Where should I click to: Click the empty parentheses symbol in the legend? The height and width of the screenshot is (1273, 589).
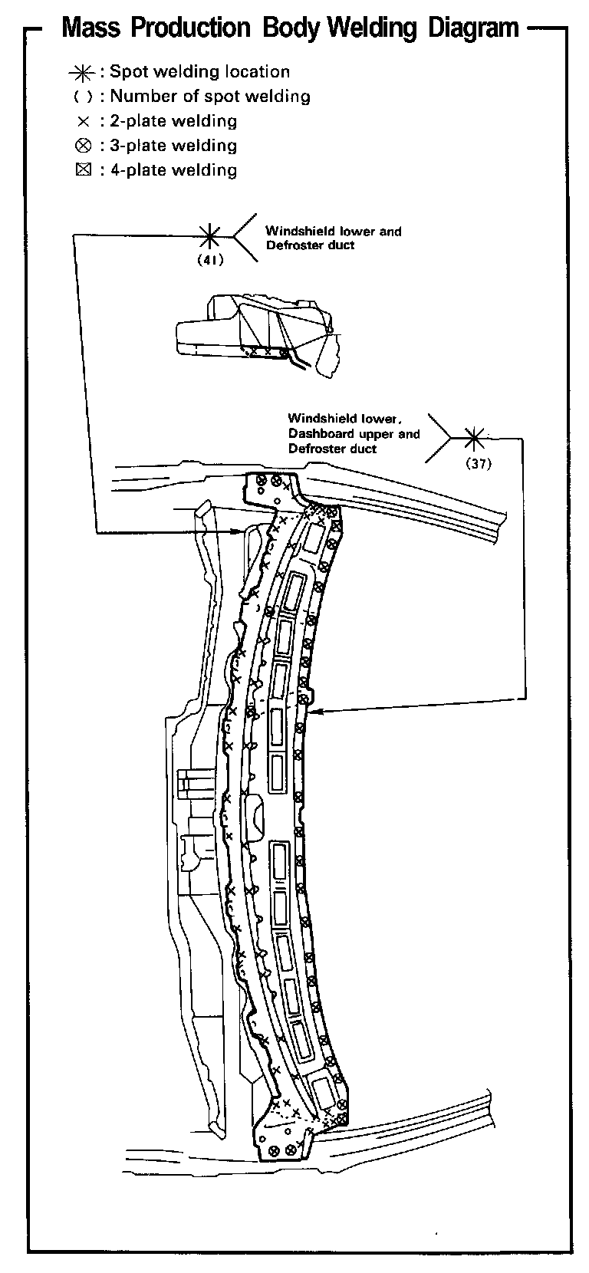(83, 97)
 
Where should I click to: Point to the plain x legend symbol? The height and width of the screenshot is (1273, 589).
(83, 122)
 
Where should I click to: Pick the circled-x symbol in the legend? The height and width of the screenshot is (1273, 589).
(83, 146)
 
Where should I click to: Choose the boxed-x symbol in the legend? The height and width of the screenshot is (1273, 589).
(83, 170)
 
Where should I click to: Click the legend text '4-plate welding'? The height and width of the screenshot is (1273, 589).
(173, 170)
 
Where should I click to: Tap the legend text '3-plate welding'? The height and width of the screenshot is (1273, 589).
(173, 146)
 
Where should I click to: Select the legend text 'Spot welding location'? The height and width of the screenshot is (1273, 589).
(200, 72)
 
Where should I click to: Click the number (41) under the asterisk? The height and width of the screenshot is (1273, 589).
(209, 260)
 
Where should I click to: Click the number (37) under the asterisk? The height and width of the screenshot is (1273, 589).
(477, 463)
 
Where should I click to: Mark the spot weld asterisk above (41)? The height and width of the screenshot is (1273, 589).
(209, 235)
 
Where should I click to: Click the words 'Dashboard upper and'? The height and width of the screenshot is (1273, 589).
(354, 434)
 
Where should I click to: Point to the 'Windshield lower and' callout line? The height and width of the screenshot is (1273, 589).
(333, 231)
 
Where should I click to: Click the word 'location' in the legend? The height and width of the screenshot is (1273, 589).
(257, 72)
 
